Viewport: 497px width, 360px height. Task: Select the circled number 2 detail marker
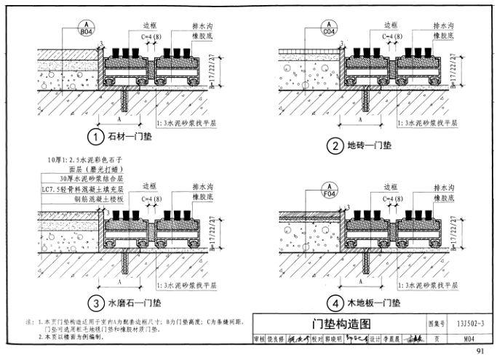(335, 146)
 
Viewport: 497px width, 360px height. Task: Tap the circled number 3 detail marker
(94, 303)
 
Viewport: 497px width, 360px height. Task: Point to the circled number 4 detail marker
(335, 303)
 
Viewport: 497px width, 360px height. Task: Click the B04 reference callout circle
(86, 29)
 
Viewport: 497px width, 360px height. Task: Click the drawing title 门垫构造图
(337, 324)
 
